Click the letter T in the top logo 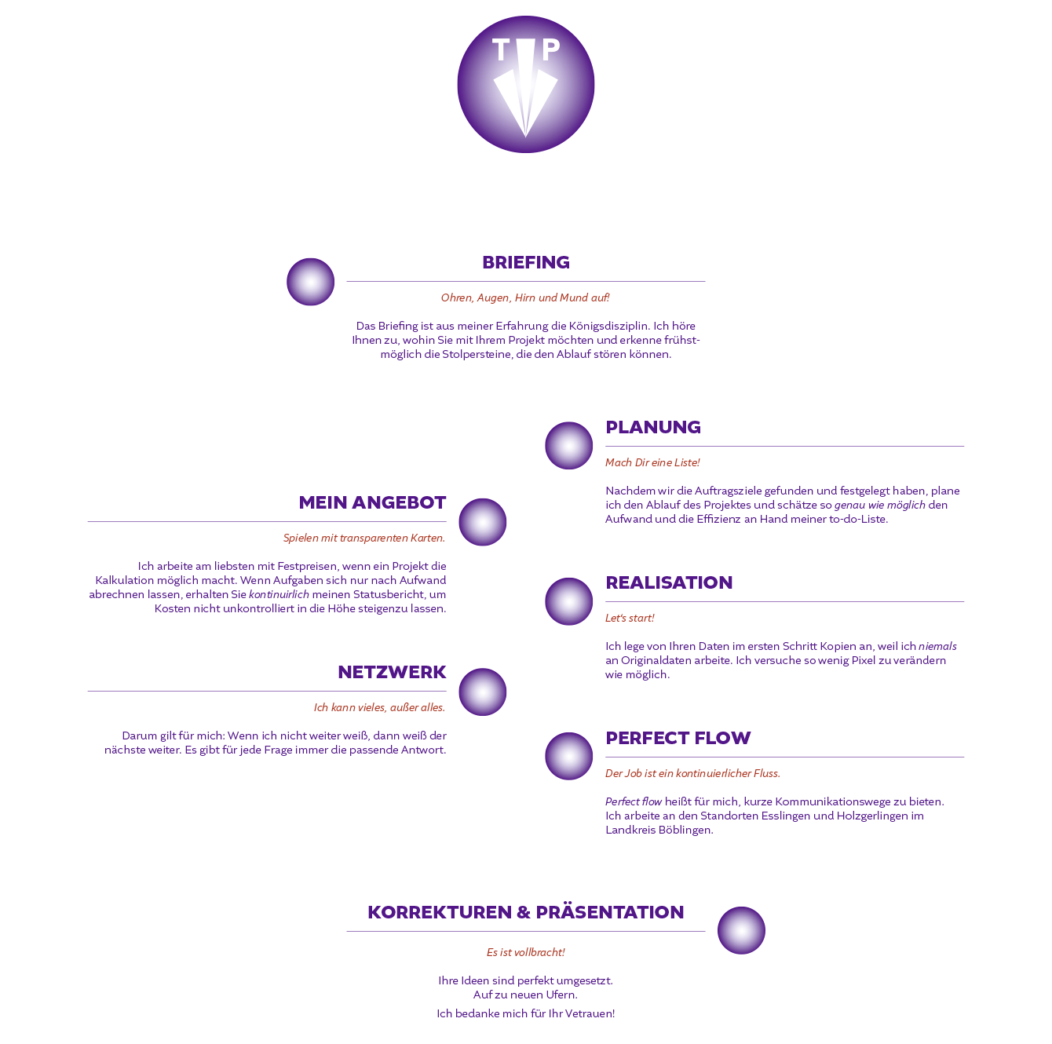[501, 49]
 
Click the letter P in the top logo [551, 49]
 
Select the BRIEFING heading [526, 262]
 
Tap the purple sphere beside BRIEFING [310, 282]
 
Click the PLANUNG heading [653, 427]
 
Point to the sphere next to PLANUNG [569, 446]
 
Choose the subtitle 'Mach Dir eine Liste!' [652, 462]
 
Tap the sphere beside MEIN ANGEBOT [483, 522]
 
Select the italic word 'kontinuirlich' [279, 594]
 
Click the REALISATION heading [669, 582]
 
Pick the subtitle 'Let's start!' [630, 618]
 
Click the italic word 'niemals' [937, 647]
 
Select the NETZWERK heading [392, 672]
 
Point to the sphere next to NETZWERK [483, 692]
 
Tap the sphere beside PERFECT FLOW [569, 756]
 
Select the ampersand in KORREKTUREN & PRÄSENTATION [524, 912]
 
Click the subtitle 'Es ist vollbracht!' [526, 952]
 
